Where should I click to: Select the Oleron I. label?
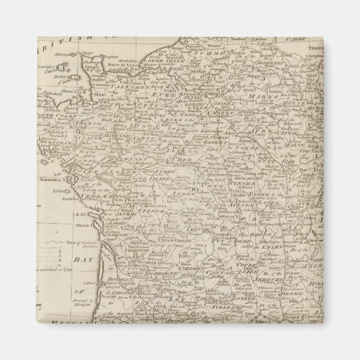(82, 226)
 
